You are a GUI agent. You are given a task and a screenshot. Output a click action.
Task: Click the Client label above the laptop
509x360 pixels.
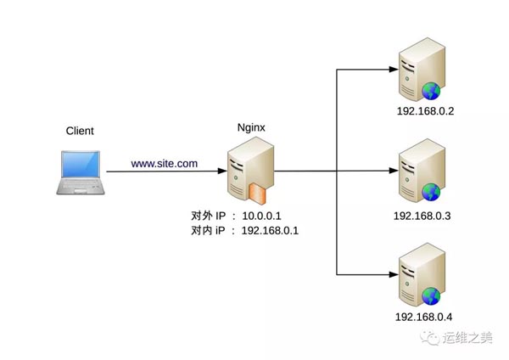click(80, 131)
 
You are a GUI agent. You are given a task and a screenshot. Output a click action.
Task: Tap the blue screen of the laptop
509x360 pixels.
click(81, 165)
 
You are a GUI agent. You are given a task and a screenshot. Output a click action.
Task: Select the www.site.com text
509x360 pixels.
click(165, 163)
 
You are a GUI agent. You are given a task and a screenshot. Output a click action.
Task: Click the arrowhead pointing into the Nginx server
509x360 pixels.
click(222, 171)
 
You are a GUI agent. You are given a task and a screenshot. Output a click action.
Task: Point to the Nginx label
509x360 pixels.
click(251, 127)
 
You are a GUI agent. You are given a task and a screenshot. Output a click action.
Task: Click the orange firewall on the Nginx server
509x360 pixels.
click(257, 194)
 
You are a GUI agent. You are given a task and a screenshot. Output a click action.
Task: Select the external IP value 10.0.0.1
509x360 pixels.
click(261, 216)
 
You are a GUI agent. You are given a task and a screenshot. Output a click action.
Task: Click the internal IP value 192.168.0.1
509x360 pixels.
click(270, 230)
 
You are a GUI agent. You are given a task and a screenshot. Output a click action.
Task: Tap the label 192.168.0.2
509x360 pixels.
click(425, 111)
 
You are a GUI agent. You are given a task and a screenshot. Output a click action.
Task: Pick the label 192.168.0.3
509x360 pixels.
click(422, 216)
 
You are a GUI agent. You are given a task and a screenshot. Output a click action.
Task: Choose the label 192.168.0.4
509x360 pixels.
click(423, 317)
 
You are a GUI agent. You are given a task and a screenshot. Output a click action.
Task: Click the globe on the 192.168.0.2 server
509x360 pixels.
click(431, 91)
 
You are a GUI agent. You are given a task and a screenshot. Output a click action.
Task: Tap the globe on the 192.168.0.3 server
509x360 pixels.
click(431, 192)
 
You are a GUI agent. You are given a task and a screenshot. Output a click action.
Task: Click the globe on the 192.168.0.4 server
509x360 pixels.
click(431, 296)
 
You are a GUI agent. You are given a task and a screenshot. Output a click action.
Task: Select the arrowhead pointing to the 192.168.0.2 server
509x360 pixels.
click(394, 70)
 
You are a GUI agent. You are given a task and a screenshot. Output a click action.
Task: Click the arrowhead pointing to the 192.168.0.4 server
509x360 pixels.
click(394, 274)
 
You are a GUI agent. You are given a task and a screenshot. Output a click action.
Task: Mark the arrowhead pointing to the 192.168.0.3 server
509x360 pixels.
click(394, 171)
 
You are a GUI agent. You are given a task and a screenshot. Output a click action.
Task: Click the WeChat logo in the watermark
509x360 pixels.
click(430, 338)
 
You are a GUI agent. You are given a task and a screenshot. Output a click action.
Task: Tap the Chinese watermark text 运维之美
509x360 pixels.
click(467, 338)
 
